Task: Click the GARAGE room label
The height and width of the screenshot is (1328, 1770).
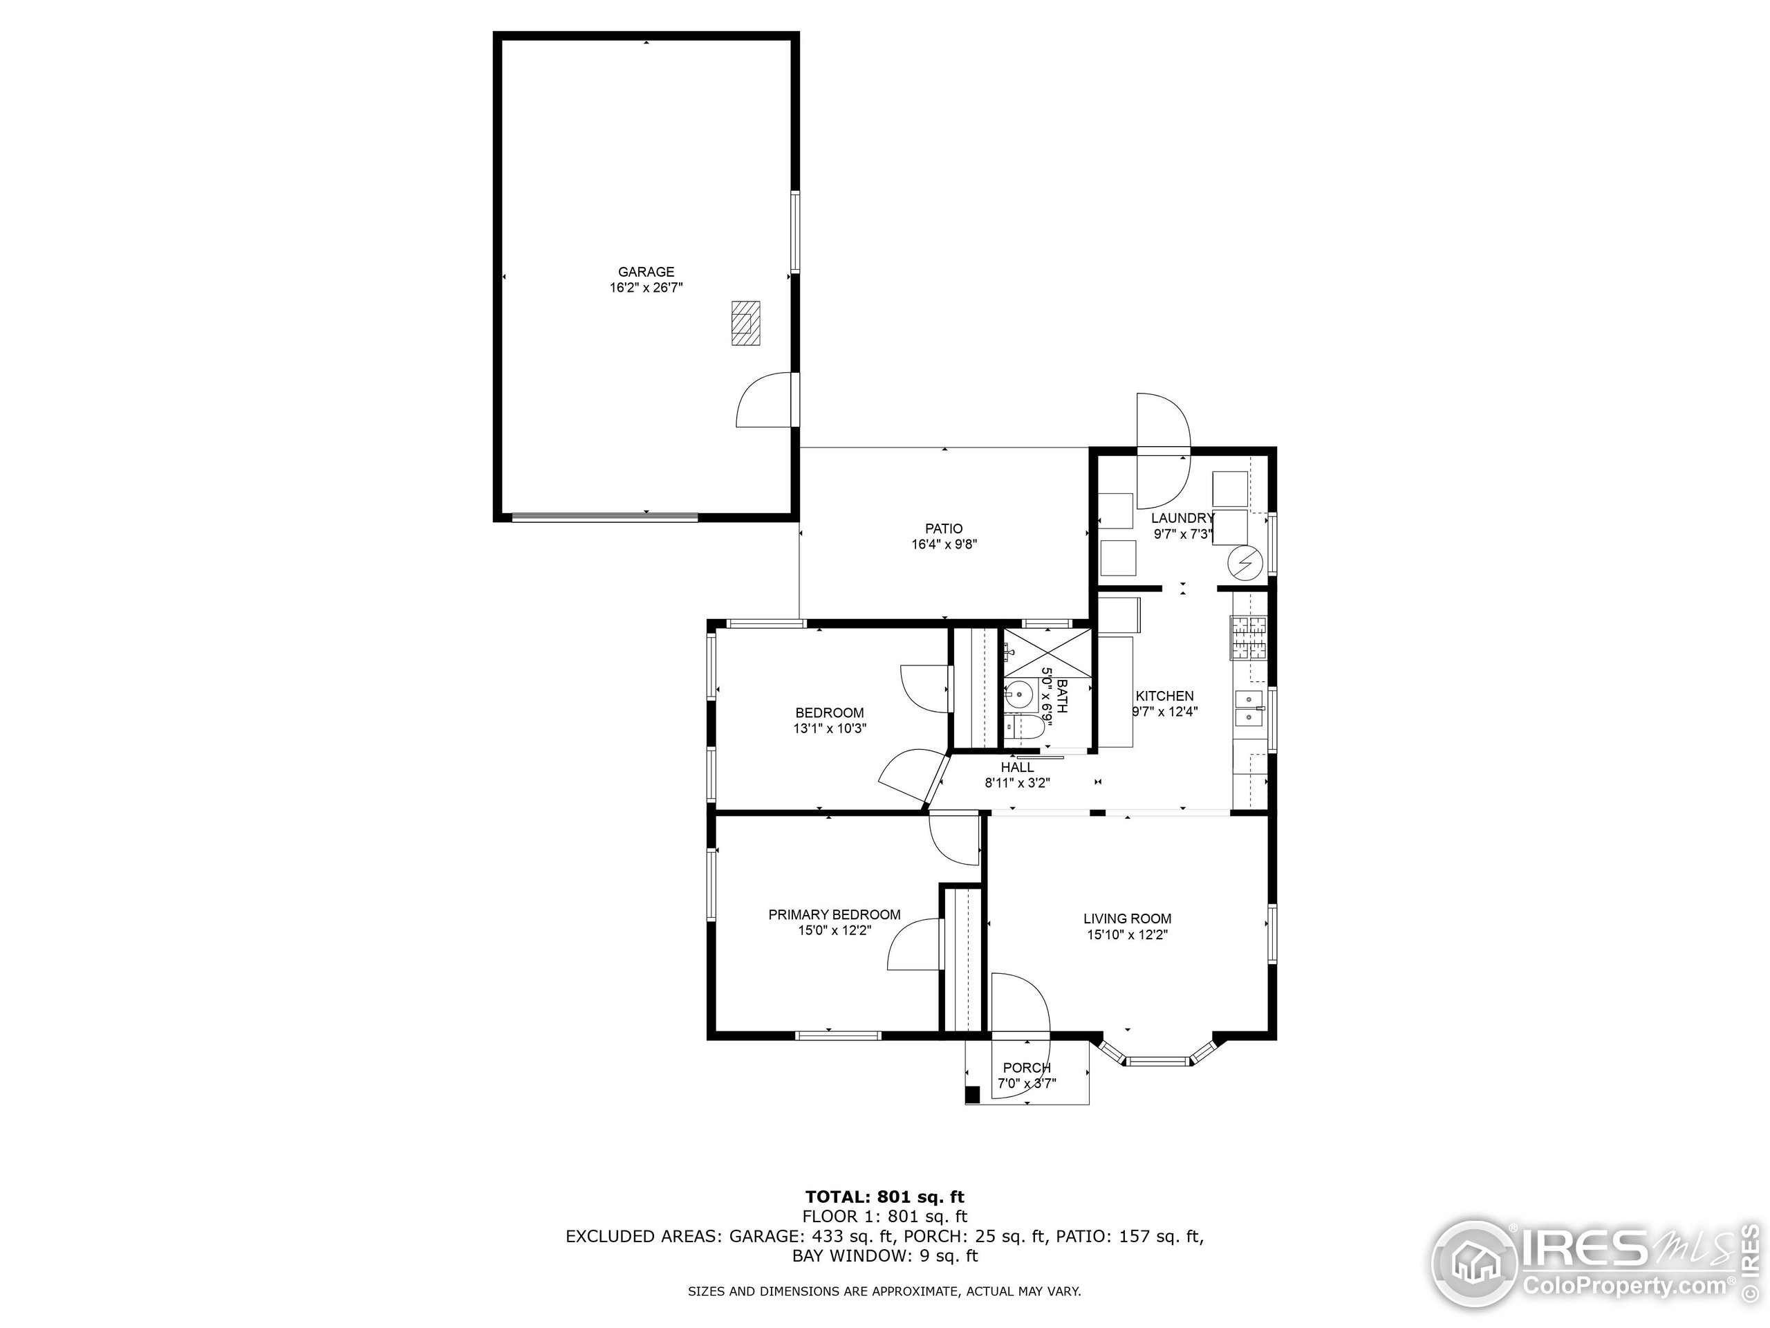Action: [x=646, y=272]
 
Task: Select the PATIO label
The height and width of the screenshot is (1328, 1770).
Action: [x=944, y=529]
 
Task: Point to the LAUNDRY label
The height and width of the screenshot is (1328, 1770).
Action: [x=1183, y=519]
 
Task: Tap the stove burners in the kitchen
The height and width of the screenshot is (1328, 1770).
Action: [x=1250, y=638]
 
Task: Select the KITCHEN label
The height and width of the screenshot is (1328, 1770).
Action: [x=1164, y=697]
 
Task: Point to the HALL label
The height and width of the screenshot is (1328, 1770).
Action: [x=1017, y=768]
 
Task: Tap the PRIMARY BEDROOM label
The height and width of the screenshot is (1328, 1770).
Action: [x=835, y=915]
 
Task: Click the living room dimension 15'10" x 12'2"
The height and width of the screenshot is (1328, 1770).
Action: [x=1128, y=935]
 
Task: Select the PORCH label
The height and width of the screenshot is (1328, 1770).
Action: [x=1027, y=1068]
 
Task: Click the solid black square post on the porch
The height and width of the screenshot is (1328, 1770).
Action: [x=973, y=1094]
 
